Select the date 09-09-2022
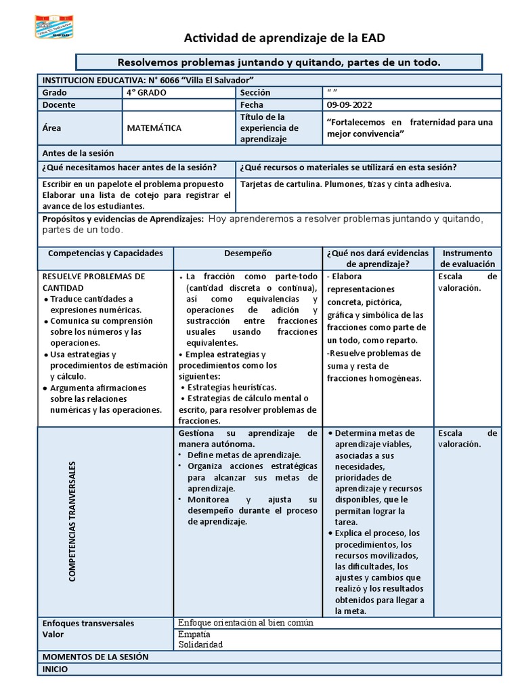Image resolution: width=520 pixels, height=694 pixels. coord(349,105)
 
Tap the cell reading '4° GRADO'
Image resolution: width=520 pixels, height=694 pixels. coord(146,92)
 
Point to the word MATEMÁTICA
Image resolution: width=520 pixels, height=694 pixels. coord(154,127)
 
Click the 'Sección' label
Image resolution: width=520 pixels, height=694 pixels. coord(255,92)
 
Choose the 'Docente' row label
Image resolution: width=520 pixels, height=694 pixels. coord(59,105)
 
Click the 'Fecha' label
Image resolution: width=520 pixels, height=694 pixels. coord(251,105)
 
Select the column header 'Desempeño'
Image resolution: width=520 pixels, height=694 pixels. coord(248,253)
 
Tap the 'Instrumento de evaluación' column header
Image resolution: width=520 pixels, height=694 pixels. coord(468,258)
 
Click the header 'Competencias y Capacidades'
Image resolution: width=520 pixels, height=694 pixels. coord(106,253)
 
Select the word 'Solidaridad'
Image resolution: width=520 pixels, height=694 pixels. coord(200,645)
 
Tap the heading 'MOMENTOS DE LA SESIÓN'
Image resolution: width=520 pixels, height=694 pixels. coord(95,657)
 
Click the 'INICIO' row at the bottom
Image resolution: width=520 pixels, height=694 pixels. coord(55,669)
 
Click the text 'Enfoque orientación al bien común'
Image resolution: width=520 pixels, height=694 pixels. coord(245,623)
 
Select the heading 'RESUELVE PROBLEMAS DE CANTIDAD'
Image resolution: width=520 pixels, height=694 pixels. coord(93,282)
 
